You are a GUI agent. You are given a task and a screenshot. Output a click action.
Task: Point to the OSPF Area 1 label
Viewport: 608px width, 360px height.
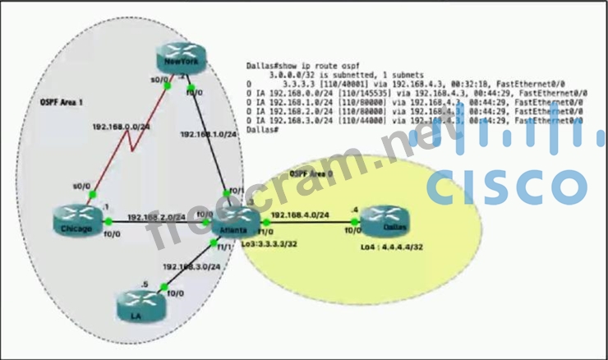point(62,104)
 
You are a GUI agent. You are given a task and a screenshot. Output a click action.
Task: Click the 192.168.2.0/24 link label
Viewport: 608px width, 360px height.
point(156,219)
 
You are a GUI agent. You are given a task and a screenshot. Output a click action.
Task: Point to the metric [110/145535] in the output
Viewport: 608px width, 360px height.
point(361,93)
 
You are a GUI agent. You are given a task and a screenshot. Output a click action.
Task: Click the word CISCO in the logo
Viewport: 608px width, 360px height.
point(506,187)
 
